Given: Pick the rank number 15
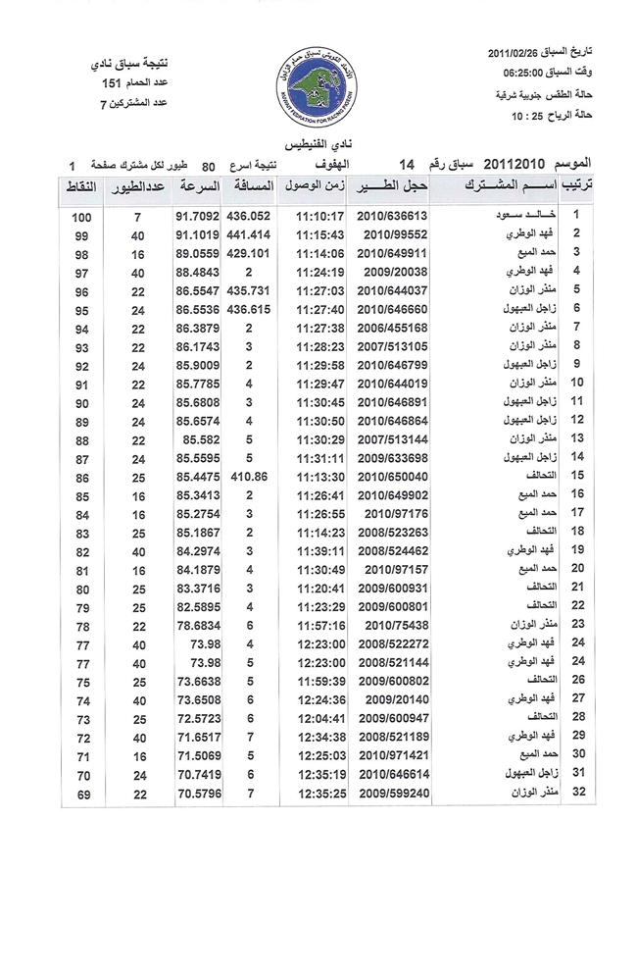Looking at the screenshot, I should [578, 475].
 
